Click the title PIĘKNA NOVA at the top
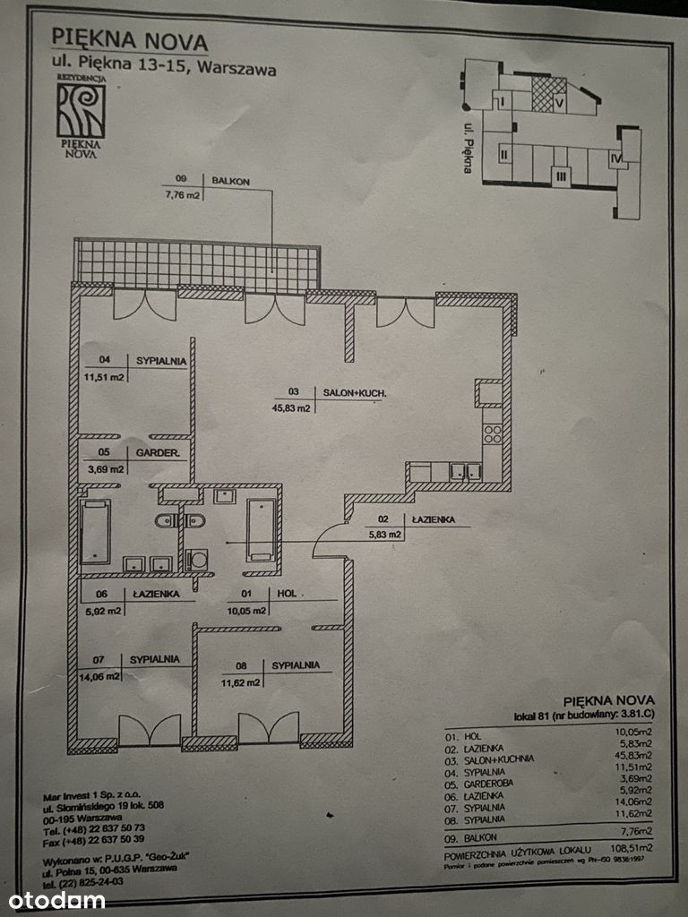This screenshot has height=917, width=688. point(129,40)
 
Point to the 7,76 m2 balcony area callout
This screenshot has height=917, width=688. point(181,196)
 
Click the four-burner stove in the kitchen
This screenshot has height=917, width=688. point(492,433)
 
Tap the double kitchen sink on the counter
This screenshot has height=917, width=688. point(464,471)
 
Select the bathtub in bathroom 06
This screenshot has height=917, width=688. point(95,531)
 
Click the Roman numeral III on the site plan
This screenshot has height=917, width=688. point(561,176)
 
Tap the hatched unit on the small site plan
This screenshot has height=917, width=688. point(548,94)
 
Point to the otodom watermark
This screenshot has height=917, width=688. point(56,900)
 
